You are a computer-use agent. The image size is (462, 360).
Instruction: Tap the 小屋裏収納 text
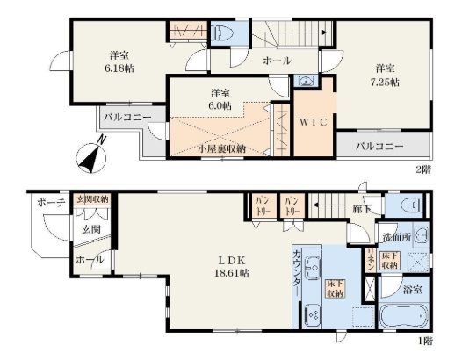click(x=220, y=149)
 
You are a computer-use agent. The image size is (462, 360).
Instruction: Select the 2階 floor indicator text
click(x=423, y=168)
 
